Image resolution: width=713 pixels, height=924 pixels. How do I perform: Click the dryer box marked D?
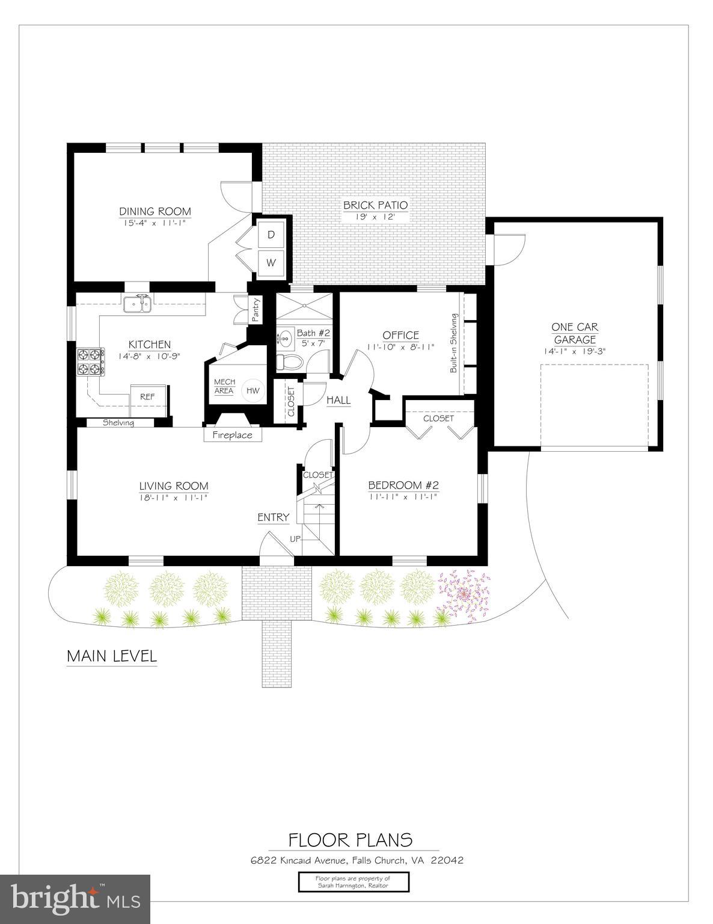[x=271, y=235]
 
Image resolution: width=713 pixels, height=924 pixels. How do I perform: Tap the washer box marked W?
[x=271, y=262]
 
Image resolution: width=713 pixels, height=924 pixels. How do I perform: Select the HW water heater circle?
[x=254, y=390]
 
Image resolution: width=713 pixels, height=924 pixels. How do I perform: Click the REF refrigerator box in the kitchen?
[x=147, y=396]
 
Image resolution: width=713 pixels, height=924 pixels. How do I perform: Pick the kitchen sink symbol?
[x=138, y=304]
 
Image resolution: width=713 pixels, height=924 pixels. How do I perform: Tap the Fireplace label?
[x=232, y=434]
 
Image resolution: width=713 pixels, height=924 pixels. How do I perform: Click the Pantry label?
[x=255, y=310]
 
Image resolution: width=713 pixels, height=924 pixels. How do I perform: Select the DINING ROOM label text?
[x=155, y=211]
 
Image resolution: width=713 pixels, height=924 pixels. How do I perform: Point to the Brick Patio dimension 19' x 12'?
[x=375, y=217]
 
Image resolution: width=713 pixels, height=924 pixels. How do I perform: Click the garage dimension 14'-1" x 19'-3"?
[x=575, y=351]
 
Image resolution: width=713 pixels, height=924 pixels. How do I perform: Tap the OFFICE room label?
[x=400, y=335]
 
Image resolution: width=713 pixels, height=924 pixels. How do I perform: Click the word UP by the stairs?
[x=295, y=538]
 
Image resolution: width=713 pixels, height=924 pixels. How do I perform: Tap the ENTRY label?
[x=274, y=517]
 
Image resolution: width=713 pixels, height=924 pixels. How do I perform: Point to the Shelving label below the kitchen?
[x=118, y=423]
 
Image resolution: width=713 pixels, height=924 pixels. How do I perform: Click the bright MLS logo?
[x=75, y=899]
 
